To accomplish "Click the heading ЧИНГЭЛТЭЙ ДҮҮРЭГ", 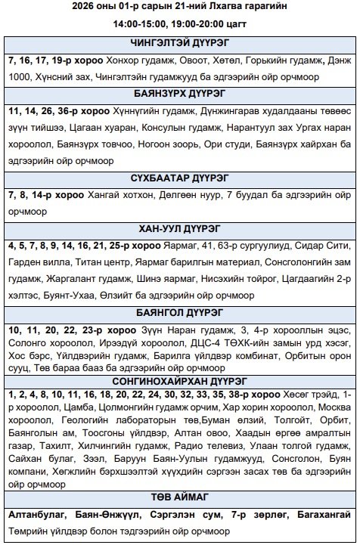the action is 179,44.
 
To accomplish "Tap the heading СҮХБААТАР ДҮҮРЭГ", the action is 179,159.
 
